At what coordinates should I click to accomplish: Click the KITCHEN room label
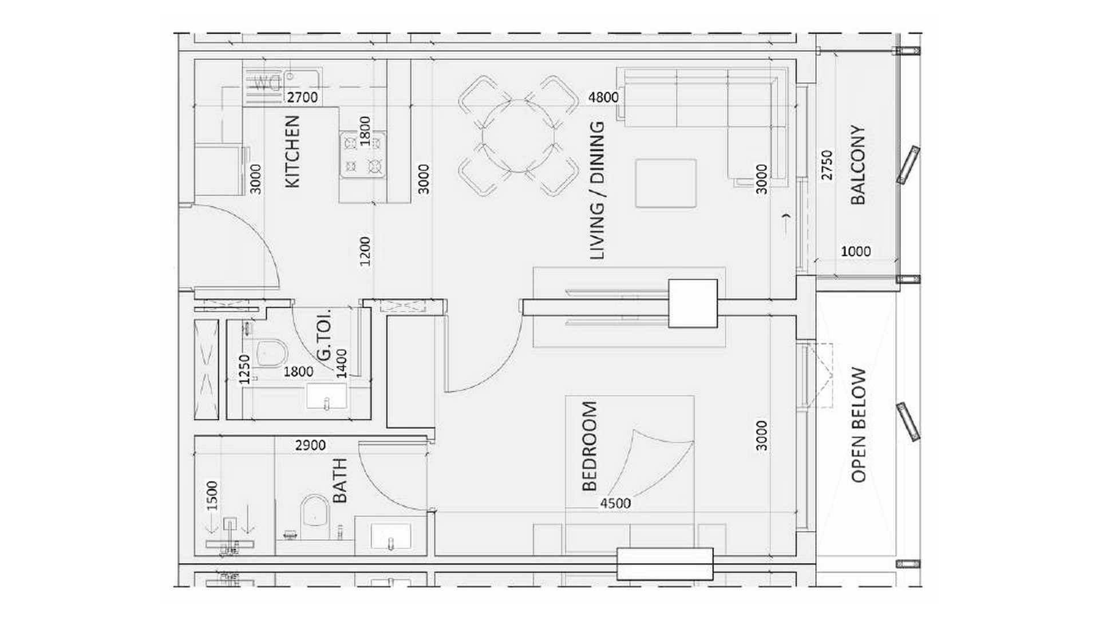click(x=292, y=151)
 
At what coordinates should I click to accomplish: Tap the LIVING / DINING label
click(x=596, y=191)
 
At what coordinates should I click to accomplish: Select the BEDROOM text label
click(x=589, y=446)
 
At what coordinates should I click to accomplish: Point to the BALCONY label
click(x=857, y=165)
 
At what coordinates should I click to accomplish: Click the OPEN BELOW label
click(x=859, y=425)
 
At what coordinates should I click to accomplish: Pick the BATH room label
click(x=339, y=481)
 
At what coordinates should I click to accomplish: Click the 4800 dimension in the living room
click(x=603, y=97)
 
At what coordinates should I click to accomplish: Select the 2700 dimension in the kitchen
click(x=302, y=97)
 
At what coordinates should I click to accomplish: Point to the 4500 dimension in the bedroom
click(x=615, y=504)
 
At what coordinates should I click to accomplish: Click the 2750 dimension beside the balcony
click(x=827, y=165)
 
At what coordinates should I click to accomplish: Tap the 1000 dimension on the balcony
click(x=856, y=251)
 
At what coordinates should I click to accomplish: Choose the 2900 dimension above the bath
click(x=310, y=445)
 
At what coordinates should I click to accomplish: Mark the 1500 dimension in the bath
click(x=212, y=496)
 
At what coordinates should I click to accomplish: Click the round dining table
click(x=519, y=136)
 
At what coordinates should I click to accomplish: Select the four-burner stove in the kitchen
click(x=362, y=154)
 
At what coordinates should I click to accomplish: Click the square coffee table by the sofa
click(x=666, y=183)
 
